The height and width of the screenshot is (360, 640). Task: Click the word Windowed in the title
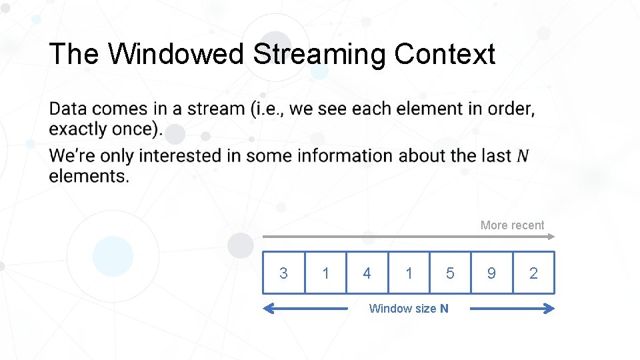177,54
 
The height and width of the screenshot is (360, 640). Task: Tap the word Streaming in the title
319,54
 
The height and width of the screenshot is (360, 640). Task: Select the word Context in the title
445,54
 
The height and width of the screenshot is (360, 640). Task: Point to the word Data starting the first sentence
69,109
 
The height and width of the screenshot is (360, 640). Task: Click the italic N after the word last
523,156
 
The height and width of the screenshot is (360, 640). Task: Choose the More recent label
512,225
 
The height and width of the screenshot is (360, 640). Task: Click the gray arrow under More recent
408,236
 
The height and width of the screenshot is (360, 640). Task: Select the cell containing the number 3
283,273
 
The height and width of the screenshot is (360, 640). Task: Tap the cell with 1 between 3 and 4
325,273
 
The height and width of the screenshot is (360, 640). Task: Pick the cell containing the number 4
367,273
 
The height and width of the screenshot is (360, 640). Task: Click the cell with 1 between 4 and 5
409,273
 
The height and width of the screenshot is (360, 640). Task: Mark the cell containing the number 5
450,273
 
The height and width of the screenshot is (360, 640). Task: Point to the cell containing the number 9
491,273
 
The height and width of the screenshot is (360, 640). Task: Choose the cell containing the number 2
533,273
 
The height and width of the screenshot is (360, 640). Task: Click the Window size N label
409,308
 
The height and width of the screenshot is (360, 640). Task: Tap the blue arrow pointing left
303,308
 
